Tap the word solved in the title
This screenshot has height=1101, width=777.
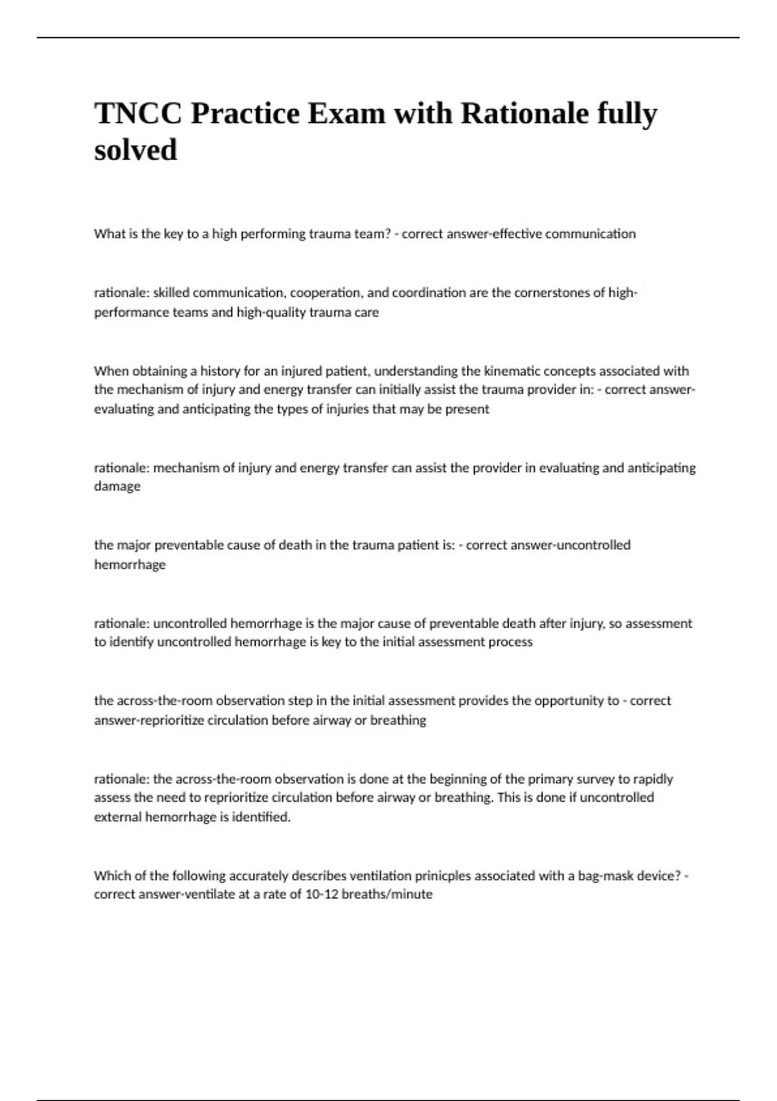pos(135,150)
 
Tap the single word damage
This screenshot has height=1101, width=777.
pos(117,486)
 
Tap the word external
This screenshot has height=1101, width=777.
pos(117,817)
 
